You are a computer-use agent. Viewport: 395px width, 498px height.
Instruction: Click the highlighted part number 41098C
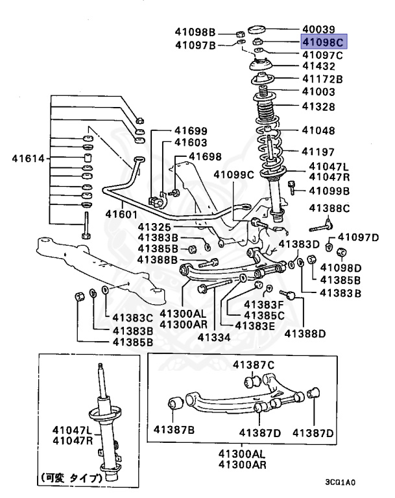pyautogui.click(x=322, y=42)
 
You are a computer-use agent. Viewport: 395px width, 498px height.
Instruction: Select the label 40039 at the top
pyautogui.click(x=318, y=29)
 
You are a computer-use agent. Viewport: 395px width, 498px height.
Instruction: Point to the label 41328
pyautogui.click(x=318, y=106)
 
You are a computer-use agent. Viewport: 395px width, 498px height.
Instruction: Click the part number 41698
pyautogui.click(x=205, y=157)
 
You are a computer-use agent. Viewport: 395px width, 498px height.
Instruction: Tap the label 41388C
pyautogui.click(x=329, y=208)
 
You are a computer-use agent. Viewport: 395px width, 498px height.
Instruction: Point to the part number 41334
pyautogui.click(x=214, y=337)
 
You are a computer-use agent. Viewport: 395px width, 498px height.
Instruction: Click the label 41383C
pyautogui.click(x=132, y=318)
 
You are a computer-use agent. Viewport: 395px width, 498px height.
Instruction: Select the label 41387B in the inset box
pyautogui.click(x=174, y=429)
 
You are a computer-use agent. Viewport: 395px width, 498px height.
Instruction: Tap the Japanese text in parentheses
pyautogui.click(x=72, y=479)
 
